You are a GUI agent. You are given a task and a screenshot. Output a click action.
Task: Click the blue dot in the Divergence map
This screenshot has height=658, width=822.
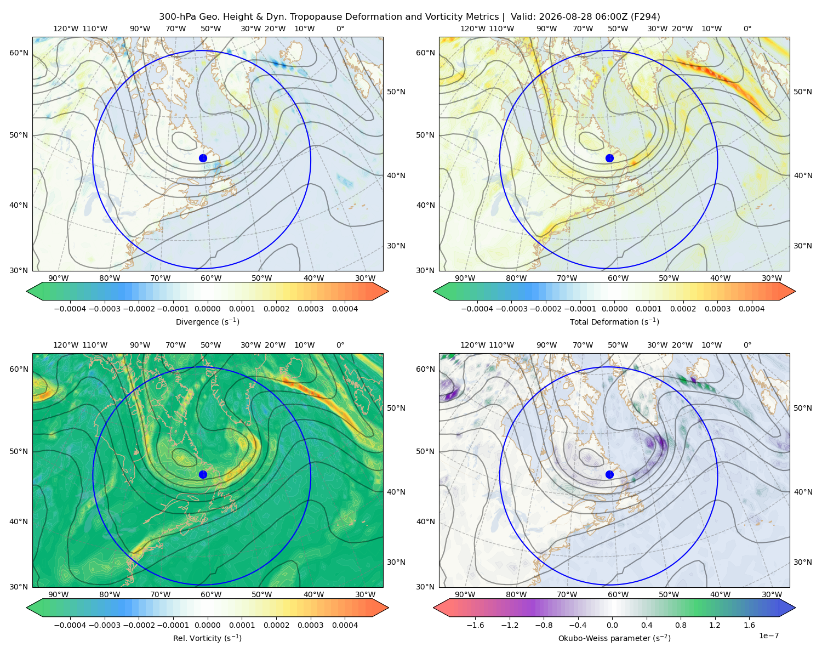(x=203, y=158)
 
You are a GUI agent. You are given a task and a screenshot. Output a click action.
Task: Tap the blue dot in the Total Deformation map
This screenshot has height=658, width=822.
(x=609, y=158)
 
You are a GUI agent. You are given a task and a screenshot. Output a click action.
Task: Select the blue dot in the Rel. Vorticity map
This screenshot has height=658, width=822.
(x=203, y=474)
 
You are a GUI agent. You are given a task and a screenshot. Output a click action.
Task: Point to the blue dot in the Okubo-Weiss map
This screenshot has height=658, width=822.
(x=609, y=474)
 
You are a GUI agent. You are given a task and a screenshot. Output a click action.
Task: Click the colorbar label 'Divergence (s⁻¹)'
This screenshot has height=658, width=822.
(x=207, y=321)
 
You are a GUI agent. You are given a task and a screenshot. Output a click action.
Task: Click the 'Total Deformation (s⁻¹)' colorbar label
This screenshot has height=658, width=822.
(x=614, y=321)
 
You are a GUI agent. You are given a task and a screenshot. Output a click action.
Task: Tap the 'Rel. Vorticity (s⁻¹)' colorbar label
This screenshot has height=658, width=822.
(x=207, y=638)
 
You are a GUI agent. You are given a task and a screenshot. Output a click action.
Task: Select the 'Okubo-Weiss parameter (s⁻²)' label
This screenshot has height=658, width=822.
(x=614, y=638)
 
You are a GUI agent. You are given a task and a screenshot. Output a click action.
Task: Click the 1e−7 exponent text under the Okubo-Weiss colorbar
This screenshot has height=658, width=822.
(x=768, y=636)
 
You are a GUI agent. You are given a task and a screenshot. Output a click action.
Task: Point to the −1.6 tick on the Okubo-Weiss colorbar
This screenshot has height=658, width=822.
(x=475, y=625)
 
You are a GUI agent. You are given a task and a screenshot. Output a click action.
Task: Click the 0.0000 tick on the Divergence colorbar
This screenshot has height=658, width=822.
(x=207, y=309)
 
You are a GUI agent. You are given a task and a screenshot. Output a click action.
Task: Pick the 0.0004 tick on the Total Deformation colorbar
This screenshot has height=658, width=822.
(x=751, y=309)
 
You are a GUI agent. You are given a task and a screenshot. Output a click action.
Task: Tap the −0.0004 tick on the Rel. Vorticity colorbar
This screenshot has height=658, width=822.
(x=70, y=625)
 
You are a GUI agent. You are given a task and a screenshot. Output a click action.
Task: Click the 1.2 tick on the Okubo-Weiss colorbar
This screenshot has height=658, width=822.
(x=715, y=625)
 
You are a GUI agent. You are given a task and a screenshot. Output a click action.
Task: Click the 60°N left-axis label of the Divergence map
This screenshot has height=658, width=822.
(x=19, y=53)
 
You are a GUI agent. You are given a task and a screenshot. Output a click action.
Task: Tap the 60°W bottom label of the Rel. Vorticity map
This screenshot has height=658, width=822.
(x=211, y=594)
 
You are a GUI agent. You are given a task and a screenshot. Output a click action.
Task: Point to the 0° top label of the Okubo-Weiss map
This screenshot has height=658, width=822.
(x=747, y=345)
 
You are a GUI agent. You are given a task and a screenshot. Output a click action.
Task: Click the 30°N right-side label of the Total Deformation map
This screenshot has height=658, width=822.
(x=802, y=246)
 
